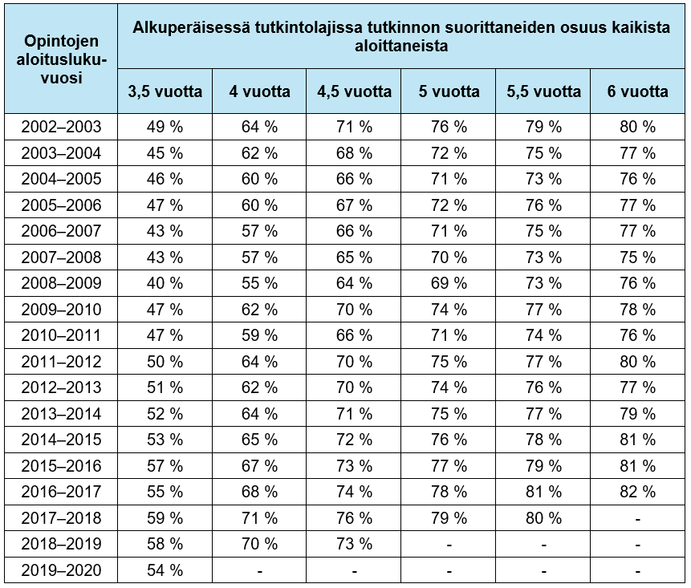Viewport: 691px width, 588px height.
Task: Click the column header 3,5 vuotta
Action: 165,91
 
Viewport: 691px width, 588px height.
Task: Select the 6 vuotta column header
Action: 638,91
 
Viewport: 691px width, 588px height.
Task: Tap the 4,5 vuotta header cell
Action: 354,91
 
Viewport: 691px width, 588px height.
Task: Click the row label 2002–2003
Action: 62,127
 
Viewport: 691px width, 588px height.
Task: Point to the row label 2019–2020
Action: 62,570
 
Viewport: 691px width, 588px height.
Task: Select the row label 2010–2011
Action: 62,335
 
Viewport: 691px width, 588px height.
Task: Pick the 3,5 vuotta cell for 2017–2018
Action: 165,518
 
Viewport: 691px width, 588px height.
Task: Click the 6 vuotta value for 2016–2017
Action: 638,492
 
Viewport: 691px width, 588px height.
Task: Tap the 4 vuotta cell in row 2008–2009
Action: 259,283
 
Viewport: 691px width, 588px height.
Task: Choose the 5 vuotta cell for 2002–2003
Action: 449,127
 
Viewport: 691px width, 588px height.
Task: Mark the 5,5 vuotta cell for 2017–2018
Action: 543,518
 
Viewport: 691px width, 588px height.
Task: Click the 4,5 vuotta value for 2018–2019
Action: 354,544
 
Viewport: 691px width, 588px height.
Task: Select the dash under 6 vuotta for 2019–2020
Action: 638,570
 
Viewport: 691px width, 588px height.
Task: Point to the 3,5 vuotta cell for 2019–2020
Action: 165,570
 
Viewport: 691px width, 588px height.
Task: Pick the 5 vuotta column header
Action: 449,91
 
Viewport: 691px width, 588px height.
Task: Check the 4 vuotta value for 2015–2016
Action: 259,466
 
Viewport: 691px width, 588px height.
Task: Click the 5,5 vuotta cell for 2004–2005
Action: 543,179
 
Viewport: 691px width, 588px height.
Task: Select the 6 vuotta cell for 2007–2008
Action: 638,258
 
